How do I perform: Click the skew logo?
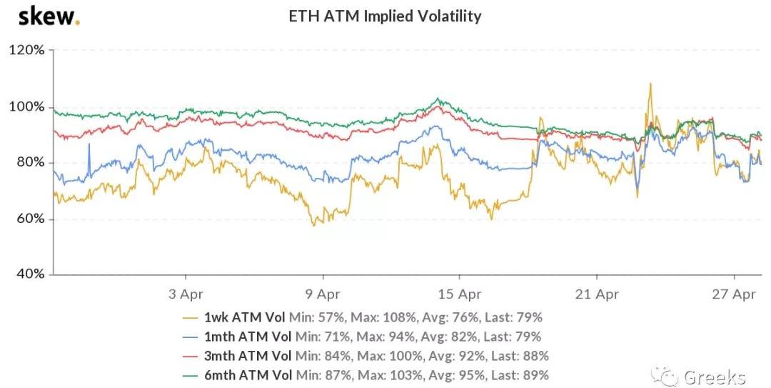pos(49,16)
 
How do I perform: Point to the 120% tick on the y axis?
pos(26,51)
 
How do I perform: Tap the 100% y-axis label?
pos(26,107)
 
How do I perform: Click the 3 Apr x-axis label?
pos(186,294)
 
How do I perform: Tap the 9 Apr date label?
pos(323,294)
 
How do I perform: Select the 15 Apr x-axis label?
pos(459,294)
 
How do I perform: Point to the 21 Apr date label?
pos(597,294)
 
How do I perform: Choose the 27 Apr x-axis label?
pos(734,294)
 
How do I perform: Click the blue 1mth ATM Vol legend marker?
pos(190,337)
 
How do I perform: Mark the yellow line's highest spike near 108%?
pos(650,84)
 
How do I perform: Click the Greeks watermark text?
pos(714,377)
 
